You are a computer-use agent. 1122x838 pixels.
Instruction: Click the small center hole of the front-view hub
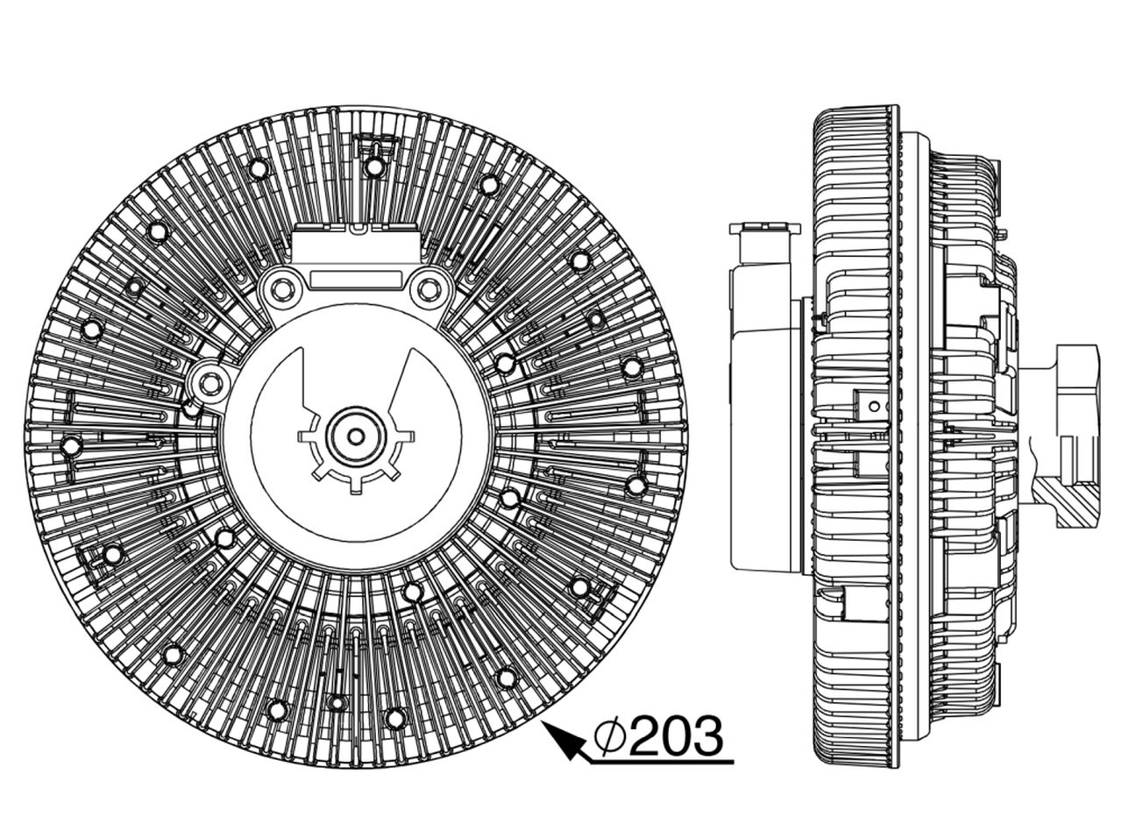[x=355, y=437]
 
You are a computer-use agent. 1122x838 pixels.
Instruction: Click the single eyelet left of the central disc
[x=208, y=382]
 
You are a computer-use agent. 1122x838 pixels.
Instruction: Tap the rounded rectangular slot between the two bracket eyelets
[x=354, y=280]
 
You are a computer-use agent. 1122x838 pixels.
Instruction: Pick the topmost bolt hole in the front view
[x=373, y=166]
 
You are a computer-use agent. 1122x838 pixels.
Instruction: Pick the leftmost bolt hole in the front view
[x=71, y=446]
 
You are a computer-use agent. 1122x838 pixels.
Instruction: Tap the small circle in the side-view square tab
[x=875, y=406]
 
